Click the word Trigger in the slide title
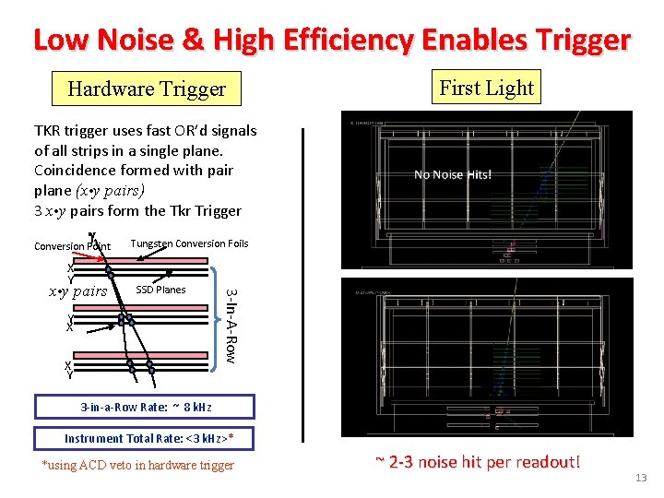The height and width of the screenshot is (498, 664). (585, 40)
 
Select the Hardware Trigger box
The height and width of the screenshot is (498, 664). (147, 89)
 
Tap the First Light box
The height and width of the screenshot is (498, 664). (487, 88)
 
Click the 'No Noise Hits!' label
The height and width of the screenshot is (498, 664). (453, 174)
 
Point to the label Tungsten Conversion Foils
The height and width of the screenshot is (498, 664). (189, 243)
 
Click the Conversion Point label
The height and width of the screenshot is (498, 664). (72, 246)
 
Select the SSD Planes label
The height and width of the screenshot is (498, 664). (160, 290)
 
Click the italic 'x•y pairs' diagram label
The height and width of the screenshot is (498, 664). (77, 292)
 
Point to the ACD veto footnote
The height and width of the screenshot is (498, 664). (138, 465)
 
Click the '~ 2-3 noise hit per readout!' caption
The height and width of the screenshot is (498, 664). (477, 461)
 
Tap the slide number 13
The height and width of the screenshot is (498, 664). (641, 477)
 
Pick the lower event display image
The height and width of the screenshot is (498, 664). (487, 356)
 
